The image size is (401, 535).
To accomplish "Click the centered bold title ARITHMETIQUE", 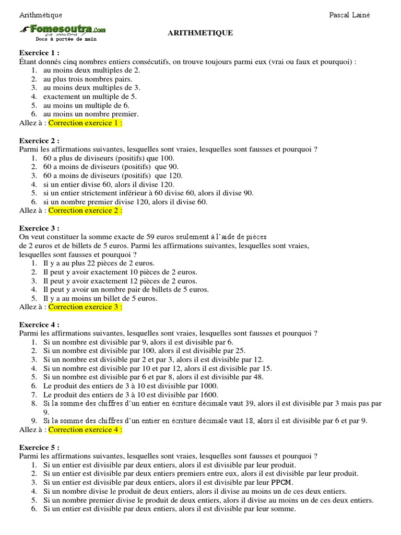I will point(200,33).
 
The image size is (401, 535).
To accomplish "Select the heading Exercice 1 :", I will point(39,53).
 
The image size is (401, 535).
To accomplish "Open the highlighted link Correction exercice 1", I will point(85,123).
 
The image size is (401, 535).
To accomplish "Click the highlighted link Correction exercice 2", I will point(85,211).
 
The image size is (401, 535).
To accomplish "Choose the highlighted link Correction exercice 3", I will point(85,307).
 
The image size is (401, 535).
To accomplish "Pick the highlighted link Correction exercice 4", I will point(85,430).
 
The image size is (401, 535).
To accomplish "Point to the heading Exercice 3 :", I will point(39,228).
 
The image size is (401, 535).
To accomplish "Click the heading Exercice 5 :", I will point(39,448).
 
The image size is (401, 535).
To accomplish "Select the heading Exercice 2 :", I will point(39,141).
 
